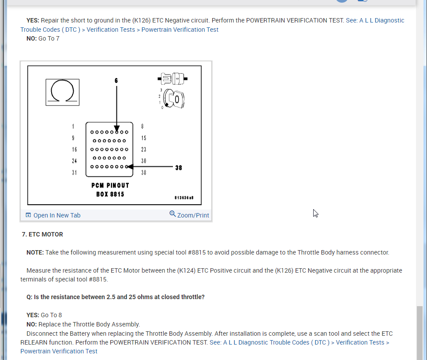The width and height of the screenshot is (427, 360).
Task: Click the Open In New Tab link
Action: click(x=53, y=215)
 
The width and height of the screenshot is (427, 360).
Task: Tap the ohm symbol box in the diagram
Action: click(x=62, y=92)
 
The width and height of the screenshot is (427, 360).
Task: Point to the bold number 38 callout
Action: click(x=179, y=168)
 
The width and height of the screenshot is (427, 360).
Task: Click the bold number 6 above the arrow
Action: click(x=116, y=81)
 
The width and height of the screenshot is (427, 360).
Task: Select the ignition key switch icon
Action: click(x=173, y=99)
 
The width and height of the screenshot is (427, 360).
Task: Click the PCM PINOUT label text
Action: click(x=110, y=186)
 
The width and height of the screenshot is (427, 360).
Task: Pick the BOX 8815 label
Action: click(x=110, y=194)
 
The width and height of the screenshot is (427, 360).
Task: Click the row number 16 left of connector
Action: click(x=75, y=150)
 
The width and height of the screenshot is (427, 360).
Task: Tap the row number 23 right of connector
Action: click(x=144, y=150)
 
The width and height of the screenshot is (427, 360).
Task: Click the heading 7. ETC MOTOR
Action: click(x=42, y=234)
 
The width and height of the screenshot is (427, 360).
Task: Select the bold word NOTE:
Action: click(x=35, y=252)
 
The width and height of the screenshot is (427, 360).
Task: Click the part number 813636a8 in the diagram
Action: click(x=184, y=198)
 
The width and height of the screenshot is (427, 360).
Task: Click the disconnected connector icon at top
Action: click(x=172, y=79)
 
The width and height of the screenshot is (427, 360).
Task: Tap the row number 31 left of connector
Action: click(x=75, y=172)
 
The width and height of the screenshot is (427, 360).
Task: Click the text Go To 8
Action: click(x=52, y=315)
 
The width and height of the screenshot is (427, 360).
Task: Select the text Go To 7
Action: click(x=49, y=38)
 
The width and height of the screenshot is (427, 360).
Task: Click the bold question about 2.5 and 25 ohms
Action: click(x=116, y=297)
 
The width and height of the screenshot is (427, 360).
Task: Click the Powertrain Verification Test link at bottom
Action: click(x=59, y=351)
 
